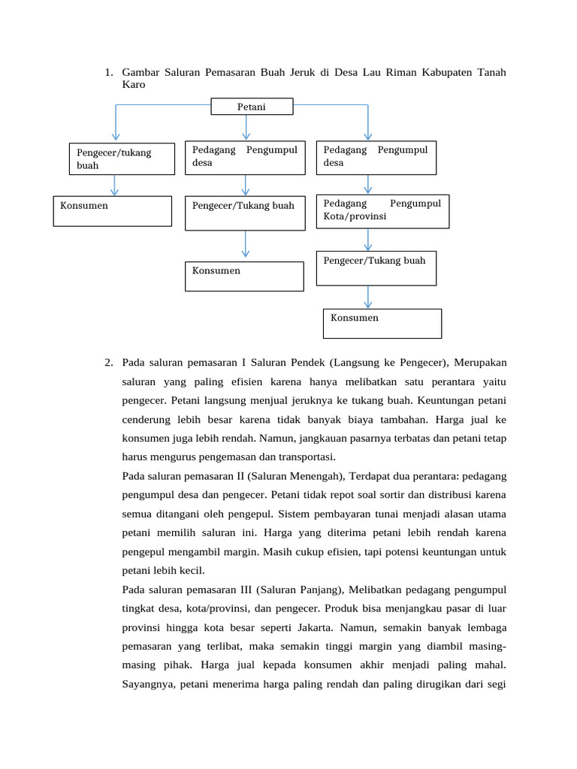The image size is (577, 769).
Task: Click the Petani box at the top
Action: pos(252,107)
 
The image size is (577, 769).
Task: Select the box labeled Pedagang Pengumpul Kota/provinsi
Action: pos(382,211)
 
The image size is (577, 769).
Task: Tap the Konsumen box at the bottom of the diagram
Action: pos(382,323)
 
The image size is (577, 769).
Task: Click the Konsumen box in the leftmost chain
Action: pos(113,211)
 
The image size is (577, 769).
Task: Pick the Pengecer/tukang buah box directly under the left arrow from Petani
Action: pos(122,159)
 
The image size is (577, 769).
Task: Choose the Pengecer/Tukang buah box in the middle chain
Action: pos(244,213)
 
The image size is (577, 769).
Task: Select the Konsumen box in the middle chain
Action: pos(244,276)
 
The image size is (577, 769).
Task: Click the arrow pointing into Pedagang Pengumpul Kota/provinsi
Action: pos(367,185)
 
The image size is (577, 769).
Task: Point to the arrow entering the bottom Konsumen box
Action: pos(367,297)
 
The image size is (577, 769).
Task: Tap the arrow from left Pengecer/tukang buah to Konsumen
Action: pos(115,185)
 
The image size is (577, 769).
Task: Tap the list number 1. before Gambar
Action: pos(109,72)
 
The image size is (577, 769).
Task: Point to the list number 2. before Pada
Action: pos(109,363)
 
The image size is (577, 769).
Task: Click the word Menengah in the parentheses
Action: pos(315,475)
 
